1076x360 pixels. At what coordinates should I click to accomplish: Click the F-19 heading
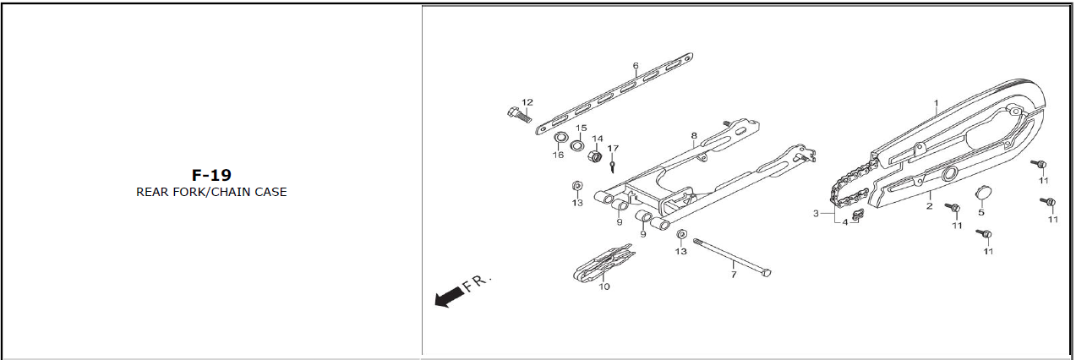(211, 175)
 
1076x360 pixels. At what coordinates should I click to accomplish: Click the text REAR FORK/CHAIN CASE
(211, 192)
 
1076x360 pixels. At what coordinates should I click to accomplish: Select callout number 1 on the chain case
(936, 104)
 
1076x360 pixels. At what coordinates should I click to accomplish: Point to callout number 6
(636, 65)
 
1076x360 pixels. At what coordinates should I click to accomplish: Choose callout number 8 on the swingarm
(694, 135)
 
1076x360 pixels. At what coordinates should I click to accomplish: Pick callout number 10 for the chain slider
(604, 286)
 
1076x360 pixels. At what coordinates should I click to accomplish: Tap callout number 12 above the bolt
(527, 102)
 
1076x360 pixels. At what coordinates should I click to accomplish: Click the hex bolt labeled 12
(516, 115)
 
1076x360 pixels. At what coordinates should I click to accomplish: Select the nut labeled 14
(595, 156)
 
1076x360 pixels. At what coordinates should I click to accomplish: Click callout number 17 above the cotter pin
(614, 149)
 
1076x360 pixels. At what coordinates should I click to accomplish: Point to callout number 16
(558, 155)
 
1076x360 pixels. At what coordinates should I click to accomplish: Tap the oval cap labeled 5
(983, 194)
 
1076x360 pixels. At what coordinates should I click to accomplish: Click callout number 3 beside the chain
(817, 214)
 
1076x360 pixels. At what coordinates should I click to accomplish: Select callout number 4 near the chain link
(844, 222)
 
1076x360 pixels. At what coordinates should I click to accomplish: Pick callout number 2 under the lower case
(929, 205)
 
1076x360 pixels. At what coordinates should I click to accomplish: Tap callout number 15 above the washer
(581, 128)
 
